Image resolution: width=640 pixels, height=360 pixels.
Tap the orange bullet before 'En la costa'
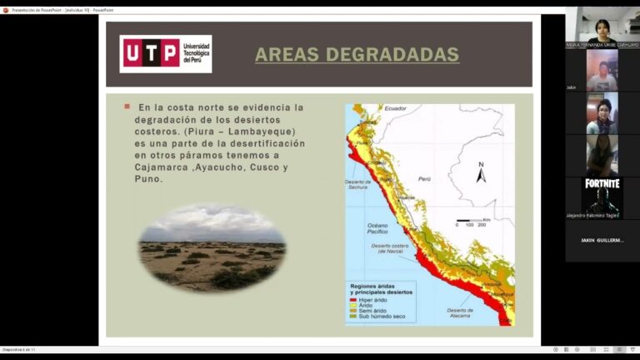pos(127,107)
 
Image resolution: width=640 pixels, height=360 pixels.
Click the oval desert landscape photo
pos(212,248)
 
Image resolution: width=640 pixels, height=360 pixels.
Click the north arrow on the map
pos(481,172)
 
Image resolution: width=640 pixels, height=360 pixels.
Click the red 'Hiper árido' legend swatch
pos(355,299)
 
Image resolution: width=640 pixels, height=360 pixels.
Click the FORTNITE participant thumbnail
pos(602,193)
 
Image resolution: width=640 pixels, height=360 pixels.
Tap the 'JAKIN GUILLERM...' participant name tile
pos(602,240)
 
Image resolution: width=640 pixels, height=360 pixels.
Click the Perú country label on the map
pos(425,179)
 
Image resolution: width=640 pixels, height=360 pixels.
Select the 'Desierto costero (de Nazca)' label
pos(390,248)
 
